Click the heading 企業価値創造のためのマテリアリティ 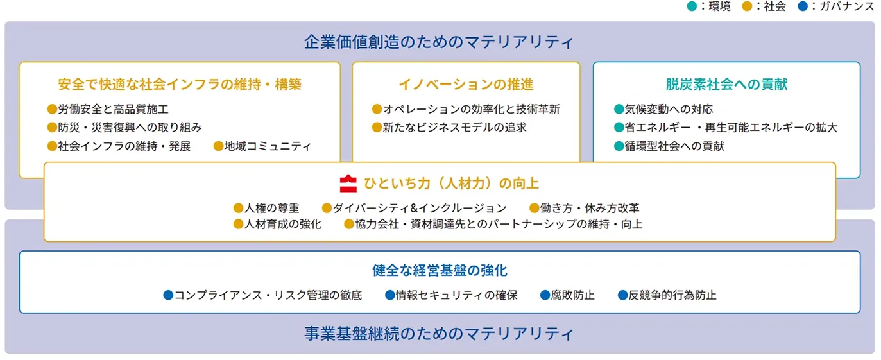pos(439,42)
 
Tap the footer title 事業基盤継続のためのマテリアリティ pos(439,334)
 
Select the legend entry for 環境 pos(708,6)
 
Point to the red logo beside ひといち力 pos(348,184)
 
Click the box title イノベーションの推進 pos(466,84)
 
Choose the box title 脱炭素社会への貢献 pos(726,84)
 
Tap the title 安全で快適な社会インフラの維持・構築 pos(180,84)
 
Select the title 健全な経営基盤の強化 pos(440,270)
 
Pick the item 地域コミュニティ pos(268,146)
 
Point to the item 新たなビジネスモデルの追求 pos(454,127)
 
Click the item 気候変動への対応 pos(669,109)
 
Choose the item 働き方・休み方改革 pos(590,208)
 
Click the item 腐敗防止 pos(573,295)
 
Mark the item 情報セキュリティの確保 pos(456,295)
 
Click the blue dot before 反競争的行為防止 pos(622,295)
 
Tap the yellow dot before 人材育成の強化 pos(239,224)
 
